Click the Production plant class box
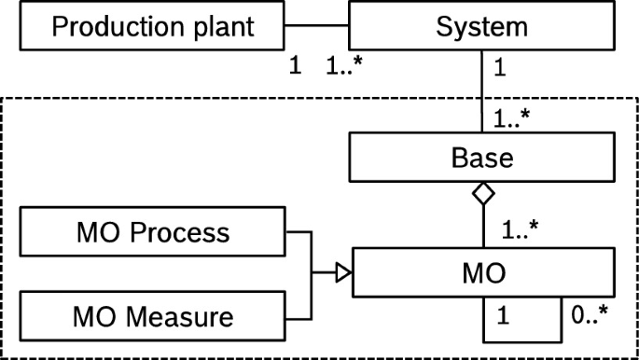152,26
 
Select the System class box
481,26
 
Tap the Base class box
481,157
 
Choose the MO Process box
152,231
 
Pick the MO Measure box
152,317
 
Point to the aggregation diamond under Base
481,194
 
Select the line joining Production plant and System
317,26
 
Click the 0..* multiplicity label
590,317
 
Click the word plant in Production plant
223,27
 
